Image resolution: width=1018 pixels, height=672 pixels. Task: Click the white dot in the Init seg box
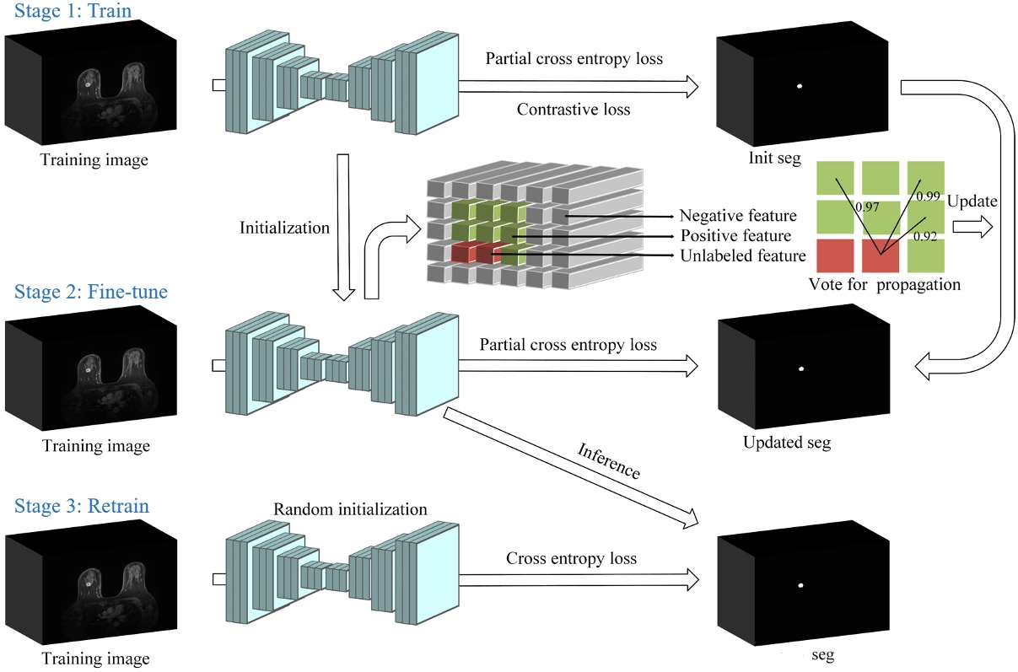tap(799, 86)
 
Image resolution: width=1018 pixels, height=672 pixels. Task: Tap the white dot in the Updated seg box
tap(801, 368)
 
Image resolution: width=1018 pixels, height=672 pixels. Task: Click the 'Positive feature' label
tap(735, 236)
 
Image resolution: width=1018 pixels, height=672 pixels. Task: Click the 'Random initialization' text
tap(351, 510)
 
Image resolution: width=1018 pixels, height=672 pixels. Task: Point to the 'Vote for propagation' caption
tap(884, 284)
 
